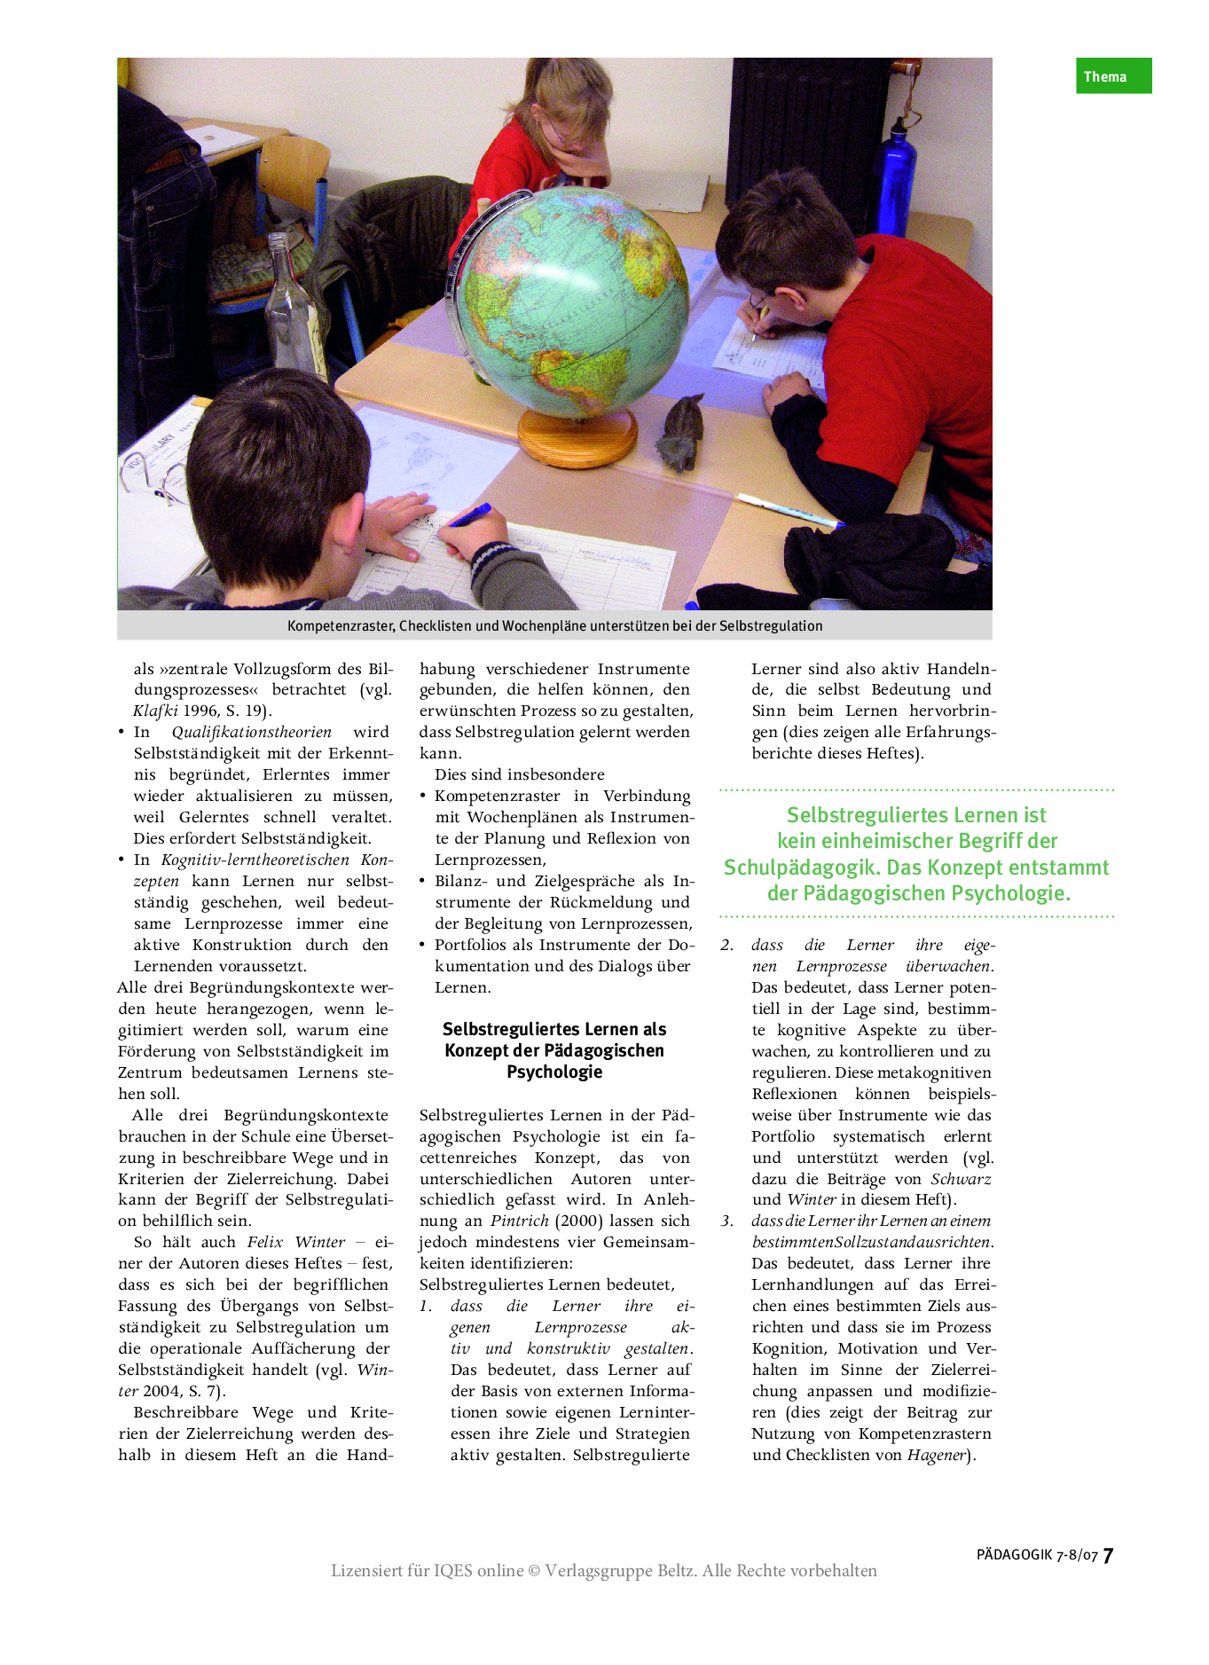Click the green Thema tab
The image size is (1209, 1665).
[x=1113, y=76]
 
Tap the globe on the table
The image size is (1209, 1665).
[x=572, y=293]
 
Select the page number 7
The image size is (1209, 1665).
[x=1108, y=1555]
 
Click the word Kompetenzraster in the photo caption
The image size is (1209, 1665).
[x=340, y=626]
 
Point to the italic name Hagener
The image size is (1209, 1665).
[x=935, y=1456]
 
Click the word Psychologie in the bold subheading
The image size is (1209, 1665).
[x=554, y=1072]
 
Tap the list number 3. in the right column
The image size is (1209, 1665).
[x=727, y=1221]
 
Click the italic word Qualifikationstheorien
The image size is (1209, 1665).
[x=251, y=733]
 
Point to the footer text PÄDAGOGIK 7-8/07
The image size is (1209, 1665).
[x=1037, y=1555]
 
